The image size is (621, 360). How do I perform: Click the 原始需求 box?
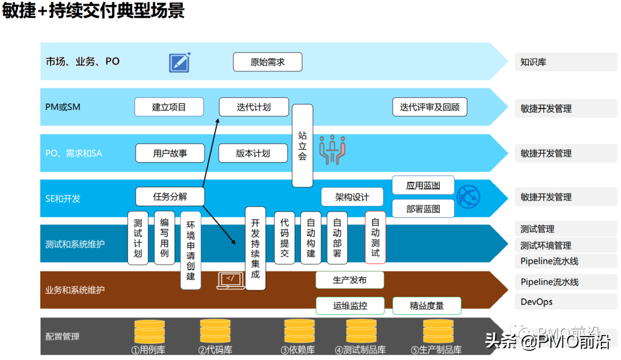coord(267,62)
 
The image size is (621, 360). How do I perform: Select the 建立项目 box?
coord(169,107)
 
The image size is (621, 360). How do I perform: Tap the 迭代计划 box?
coord(254,107)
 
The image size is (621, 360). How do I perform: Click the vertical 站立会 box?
coord(302,145)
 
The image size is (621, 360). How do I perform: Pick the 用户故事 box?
coord(170,153)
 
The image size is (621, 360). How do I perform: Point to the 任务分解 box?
coord(170,196)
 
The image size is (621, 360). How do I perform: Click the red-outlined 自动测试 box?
coord(375,237)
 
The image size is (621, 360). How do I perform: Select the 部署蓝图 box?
coord(423,209)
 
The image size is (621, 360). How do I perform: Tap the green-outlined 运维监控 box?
coord(350,305)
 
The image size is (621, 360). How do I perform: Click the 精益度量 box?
coord(427,305)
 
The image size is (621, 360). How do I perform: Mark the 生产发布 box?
coord(350,280)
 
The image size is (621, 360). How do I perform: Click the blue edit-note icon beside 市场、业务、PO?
coord(179,62)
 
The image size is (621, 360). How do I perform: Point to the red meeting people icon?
coord(331,150)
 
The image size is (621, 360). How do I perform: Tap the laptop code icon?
coord(230,280)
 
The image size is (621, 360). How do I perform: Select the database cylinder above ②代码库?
coord(215,331)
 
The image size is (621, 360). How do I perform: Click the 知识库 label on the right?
coord(533,62)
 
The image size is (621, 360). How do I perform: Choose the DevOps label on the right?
coord(536,302)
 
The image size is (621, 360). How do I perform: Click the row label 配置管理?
coord(63,336)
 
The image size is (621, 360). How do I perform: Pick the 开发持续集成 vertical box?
coord(255,248)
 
